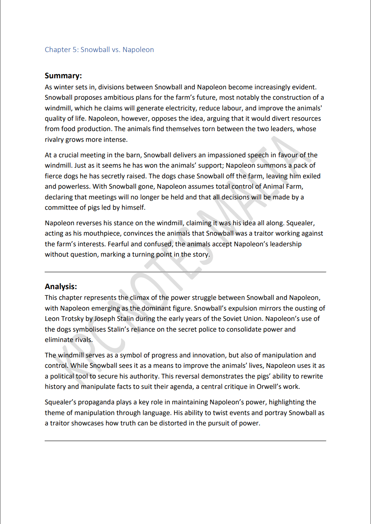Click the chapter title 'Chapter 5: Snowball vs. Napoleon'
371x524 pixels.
[x=99, y=49]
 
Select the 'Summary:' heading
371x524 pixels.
[x=63, y=76]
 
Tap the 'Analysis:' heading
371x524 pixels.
[x=61, y=287]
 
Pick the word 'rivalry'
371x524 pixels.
[x=54, y=140]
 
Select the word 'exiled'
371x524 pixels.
[x=312, y=176]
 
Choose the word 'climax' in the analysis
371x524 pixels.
[x=139, y=298]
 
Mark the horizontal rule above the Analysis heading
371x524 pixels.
[x=185, y=272]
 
